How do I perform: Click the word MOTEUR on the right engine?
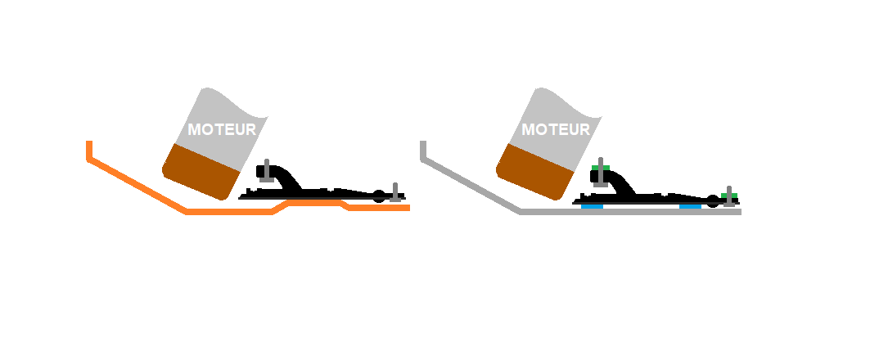point(556,129)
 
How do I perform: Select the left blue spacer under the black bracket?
point(592,206)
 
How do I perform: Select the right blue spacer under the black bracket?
point(690,206)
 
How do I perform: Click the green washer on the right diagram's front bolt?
point(601,169)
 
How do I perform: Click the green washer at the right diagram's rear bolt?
point(729,196)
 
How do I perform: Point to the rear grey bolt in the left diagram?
point(396,191)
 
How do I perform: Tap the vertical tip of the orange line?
point(89,150)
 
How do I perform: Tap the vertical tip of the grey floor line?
point(423,150)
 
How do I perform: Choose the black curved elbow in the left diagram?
point(284,177)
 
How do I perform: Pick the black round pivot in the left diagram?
point(379,196)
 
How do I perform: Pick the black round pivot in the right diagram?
point(713,200)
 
